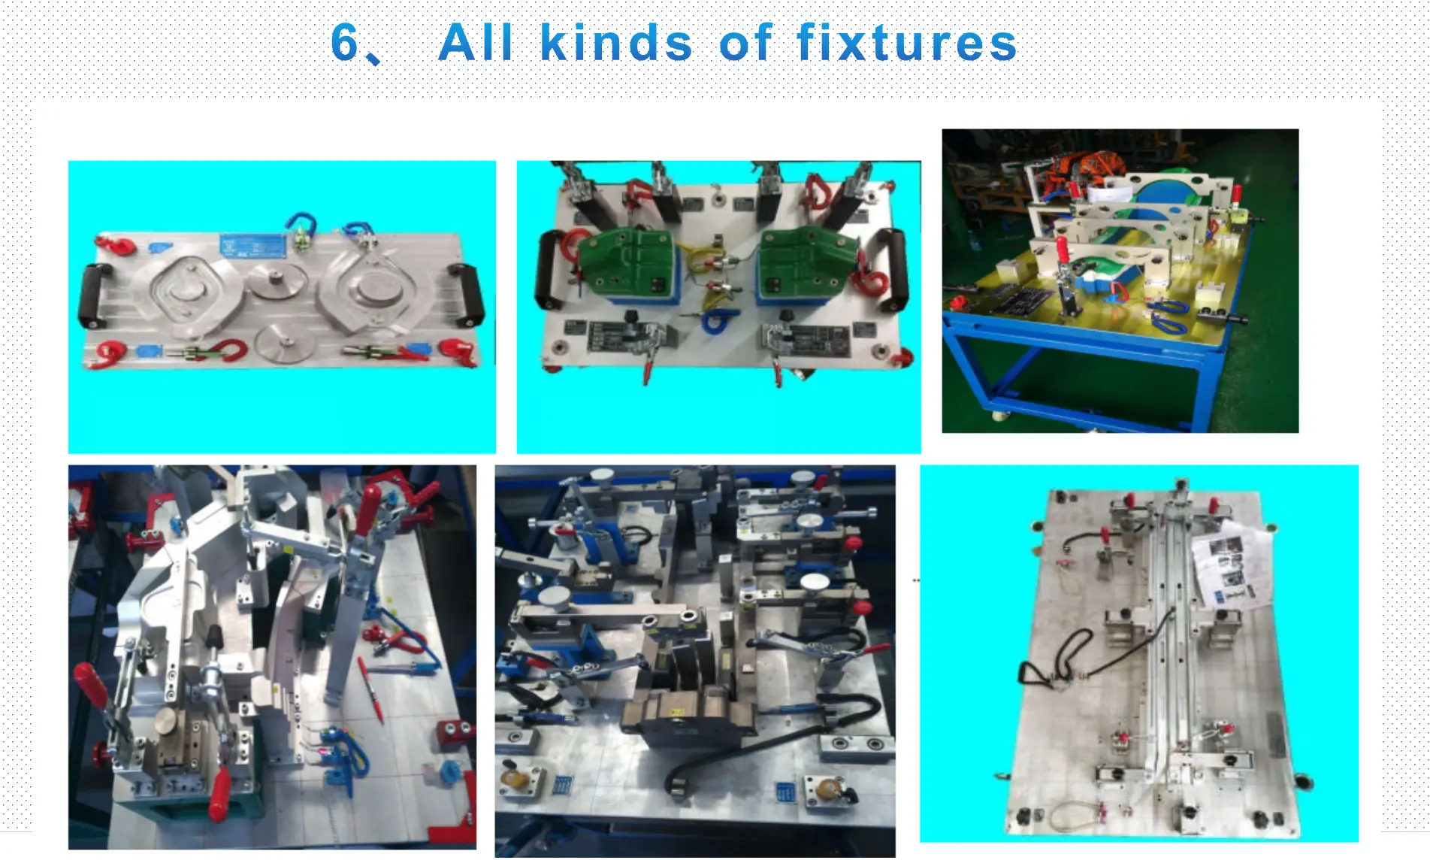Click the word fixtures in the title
click(906, 43)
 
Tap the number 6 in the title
click(344, 42)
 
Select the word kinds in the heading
click(616, 43)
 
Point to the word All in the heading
click(476, 43)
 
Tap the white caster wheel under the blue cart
click(999, 415)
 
